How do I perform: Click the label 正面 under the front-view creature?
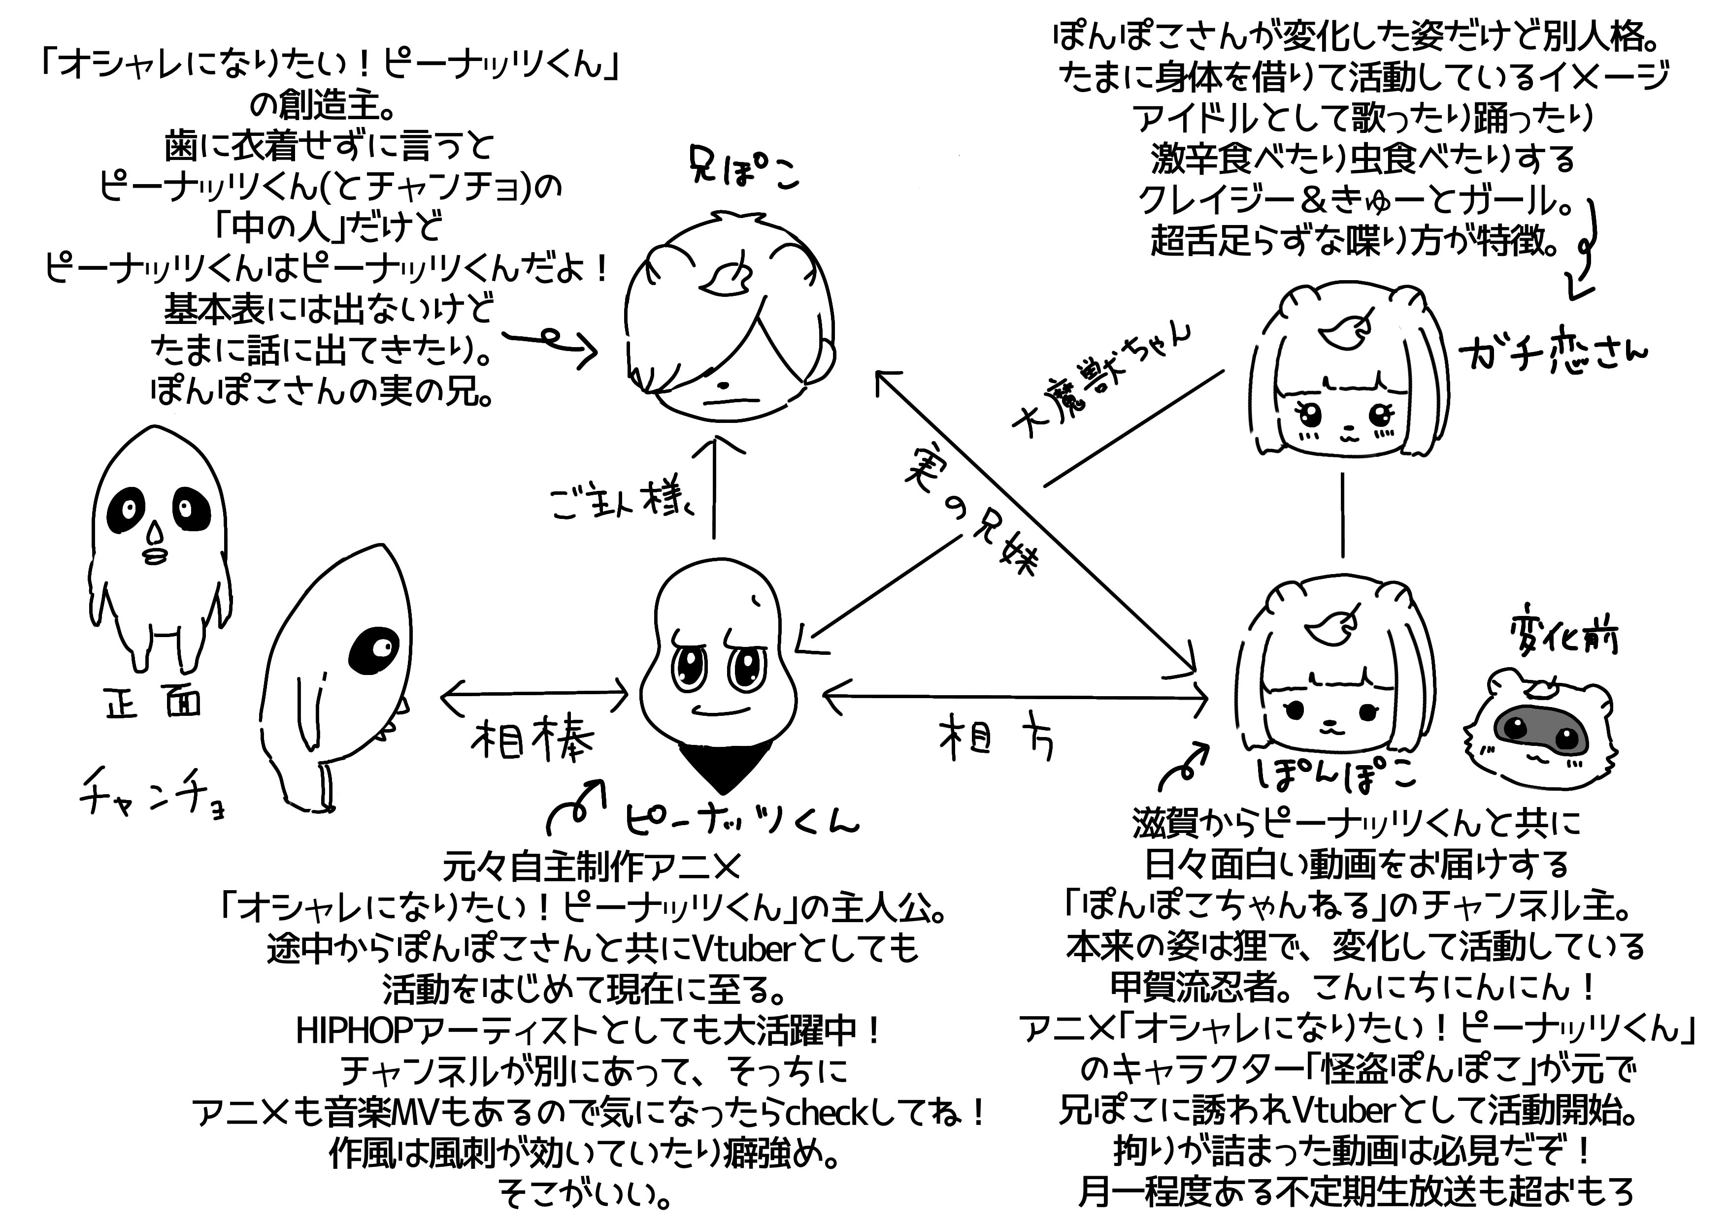click(x=154, y=704)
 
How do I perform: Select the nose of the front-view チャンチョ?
click(x=155, y=533)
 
